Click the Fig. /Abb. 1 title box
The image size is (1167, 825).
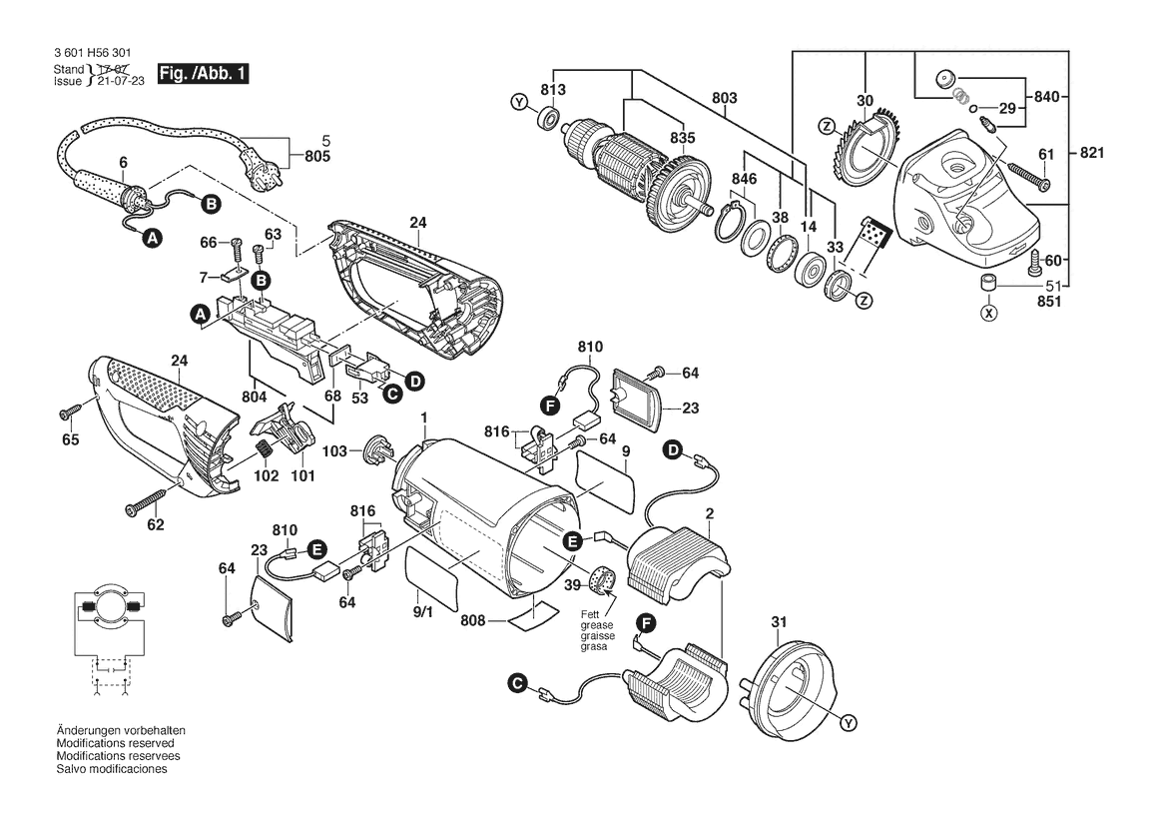click(x=203, y=74)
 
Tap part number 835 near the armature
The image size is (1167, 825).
click(x=683, y=138)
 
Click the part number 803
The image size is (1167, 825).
click(x=724, y=98)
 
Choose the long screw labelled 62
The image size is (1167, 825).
click(x=147, y=501)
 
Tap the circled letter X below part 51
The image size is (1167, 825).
click(x=988, y=313)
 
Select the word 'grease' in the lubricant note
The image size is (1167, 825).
click(x=597, y=625)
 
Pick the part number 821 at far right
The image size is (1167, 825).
click(x=1092, y=153)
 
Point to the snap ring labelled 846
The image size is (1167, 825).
click(x=733, y=221)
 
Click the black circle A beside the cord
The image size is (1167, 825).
click(x=153, y=239)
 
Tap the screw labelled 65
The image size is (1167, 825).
click(x=72, y=412)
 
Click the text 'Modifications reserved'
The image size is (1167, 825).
click(x=116, y=743)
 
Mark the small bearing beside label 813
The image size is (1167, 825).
click(x=549, y=118)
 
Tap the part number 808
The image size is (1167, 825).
click(x=472, y=620)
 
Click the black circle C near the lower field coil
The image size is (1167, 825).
click(x=516, y=683)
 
